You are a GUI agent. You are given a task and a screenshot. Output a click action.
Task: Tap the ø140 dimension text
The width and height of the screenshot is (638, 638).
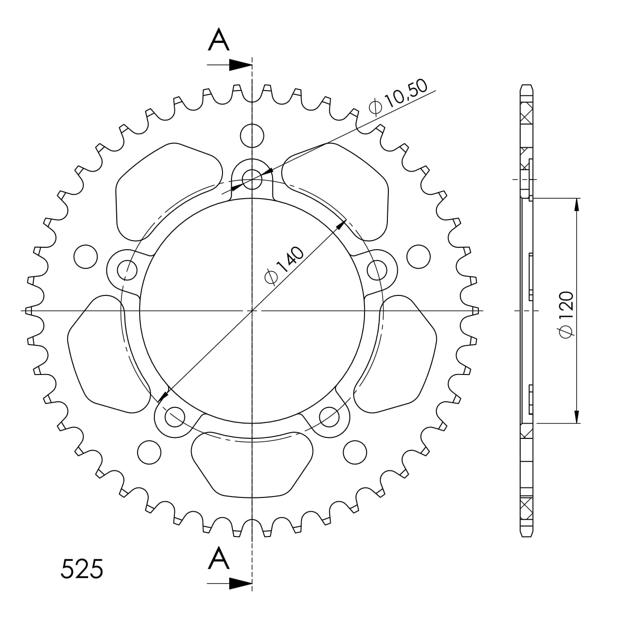(x=284, y=265)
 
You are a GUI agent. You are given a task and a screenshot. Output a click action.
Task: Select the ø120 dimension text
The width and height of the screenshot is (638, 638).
(x=566, y=315)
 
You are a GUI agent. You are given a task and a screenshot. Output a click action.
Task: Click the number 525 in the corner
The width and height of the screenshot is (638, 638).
(x=82, y=569)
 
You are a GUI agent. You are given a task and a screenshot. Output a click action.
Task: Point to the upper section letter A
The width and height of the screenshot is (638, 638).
(x=219, y=40)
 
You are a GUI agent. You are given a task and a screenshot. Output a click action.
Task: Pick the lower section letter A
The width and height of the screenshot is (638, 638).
(x=219, y=557)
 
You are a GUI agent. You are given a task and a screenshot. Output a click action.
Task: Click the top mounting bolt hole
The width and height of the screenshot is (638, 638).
(x=252, y=180)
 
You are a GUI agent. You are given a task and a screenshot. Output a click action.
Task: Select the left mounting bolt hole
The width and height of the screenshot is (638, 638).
(x=127, y=270)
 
